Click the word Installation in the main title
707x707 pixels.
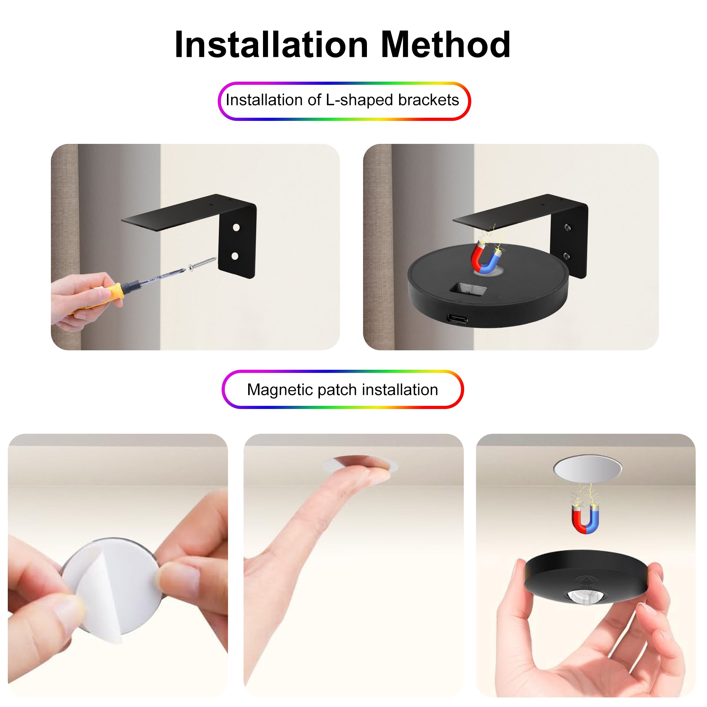click(x=271, y=45)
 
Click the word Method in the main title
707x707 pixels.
click(x=445, y=45)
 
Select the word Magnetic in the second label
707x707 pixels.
click(x=280, y=390)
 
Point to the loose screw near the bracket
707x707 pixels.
click(x=202, y=263)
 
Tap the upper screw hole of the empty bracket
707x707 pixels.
click(x=236, y=228)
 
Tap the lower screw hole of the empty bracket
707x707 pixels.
click(x=235, y=256)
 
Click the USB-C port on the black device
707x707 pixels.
click(x=457, y=319)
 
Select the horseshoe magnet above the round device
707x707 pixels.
click(x=486, y=258)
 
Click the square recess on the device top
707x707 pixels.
click(x=468, y=290)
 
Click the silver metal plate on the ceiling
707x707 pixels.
click(x=587, y=469)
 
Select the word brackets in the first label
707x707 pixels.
click(x=428, y=100)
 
